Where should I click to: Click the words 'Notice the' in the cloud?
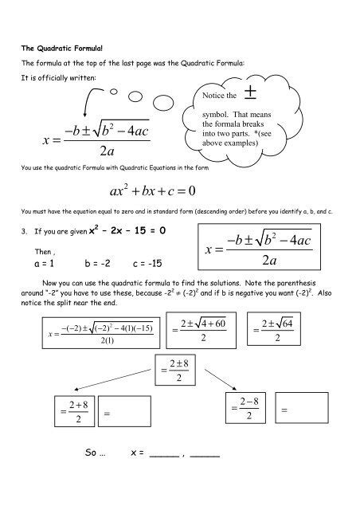tap(220, 96)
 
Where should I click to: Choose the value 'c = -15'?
tap(146, 263)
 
